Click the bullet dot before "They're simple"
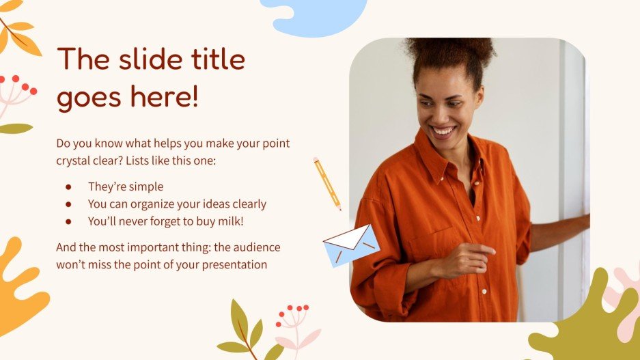pos(68,186)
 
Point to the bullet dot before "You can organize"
pos(68,204)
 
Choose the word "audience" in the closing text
pos(251,247)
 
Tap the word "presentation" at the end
pos(232,264)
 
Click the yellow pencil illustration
pos(326,182)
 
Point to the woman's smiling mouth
pos(443,130)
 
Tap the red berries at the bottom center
pos(292,311)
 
